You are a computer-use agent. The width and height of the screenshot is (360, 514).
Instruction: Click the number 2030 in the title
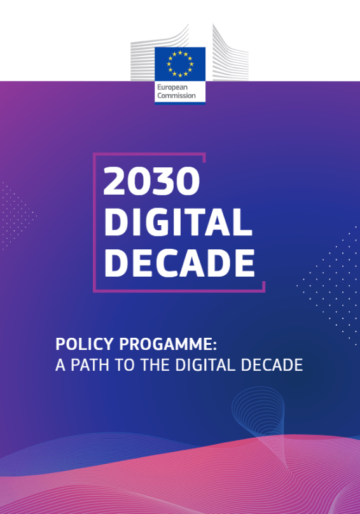tap(151, 181)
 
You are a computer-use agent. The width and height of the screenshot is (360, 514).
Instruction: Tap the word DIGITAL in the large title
tap(178, 222)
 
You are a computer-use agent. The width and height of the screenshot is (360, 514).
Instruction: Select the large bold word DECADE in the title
tap(179, 263)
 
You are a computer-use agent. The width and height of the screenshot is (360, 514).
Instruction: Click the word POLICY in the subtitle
tap(84, 344)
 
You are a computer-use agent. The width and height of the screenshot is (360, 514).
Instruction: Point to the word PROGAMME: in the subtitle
tap(168, 344)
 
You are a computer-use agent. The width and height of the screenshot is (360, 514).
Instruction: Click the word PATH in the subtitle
tap(90, 365)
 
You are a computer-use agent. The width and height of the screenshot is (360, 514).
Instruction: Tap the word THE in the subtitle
tap(155, 365)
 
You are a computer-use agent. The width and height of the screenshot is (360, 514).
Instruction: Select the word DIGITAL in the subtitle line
tap(205, 365)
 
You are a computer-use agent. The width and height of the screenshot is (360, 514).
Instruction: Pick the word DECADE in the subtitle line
tap(272, 365)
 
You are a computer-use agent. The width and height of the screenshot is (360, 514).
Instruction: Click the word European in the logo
tap(172, 88)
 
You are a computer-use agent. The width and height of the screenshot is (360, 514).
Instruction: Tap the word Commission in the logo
tap(176, 95)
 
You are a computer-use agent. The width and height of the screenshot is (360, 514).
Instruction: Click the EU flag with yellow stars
tap(180, 64)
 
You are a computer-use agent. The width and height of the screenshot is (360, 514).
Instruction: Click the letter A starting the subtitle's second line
tap(60, 365)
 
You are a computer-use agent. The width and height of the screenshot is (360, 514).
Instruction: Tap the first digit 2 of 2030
tap(114, 181)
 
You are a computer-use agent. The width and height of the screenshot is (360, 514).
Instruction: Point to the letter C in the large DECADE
tap(168, 263)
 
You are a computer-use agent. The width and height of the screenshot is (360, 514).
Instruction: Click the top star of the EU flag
tap(180, 53)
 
